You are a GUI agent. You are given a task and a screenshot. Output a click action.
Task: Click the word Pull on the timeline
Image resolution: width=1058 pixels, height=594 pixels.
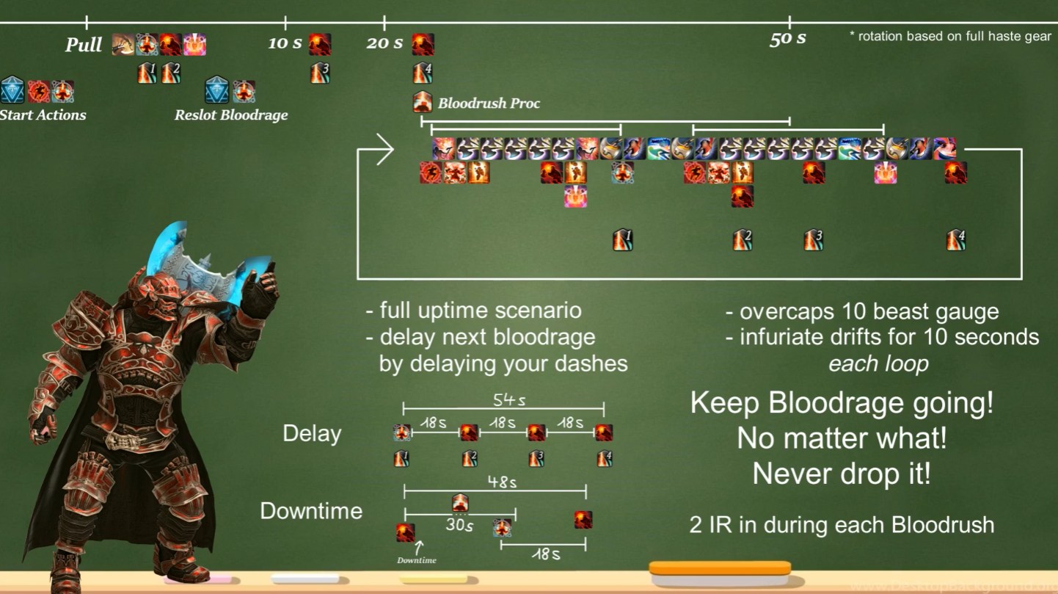84,45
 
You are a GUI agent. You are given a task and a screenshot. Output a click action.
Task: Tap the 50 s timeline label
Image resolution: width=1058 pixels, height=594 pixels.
787,39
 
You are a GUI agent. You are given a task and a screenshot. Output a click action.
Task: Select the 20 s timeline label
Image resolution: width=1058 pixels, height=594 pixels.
384,43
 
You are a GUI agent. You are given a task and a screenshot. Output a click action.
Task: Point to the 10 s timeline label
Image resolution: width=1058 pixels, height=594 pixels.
285,43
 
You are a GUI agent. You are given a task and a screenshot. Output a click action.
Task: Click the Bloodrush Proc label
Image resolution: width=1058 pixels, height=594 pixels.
489,104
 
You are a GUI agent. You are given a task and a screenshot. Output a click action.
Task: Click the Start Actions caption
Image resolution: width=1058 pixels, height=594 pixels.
43,115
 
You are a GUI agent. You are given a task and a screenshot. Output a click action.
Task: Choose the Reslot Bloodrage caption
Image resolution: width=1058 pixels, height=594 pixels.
231,115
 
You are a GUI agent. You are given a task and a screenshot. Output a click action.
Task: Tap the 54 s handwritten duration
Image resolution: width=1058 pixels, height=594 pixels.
508,401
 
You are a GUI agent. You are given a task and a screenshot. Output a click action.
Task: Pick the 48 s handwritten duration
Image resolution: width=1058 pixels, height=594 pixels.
502,482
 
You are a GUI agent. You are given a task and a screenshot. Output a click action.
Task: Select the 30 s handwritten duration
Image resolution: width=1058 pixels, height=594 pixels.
459,526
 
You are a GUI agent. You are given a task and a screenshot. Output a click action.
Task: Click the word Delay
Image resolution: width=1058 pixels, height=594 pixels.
312,433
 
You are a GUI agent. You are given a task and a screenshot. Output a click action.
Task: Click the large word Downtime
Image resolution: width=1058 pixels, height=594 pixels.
311,511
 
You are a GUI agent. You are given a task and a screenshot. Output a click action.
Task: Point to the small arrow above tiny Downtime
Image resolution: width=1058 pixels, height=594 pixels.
420,546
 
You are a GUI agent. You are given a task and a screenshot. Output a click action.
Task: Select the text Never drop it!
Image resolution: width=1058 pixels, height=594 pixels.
842,474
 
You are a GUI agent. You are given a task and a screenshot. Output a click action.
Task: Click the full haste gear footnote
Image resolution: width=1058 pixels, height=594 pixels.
950,36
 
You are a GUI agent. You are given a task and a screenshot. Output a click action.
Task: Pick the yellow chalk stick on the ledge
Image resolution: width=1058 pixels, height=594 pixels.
433,579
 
